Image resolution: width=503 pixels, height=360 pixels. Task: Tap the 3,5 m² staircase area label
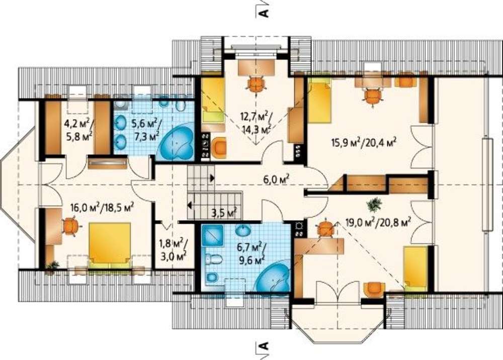224,212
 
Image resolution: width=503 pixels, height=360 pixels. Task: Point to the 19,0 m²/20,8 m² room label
379,222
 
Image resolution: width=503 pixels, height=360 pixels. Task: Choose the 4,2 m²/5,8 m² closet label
78,130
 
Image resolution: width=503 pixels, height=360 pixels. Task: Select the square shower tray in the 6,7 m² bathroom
212,236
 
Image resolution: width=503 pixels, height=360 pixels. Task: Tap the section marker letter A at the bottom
263,346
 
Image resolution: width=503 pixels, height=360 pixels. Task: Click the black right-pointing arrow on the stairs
212,178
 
